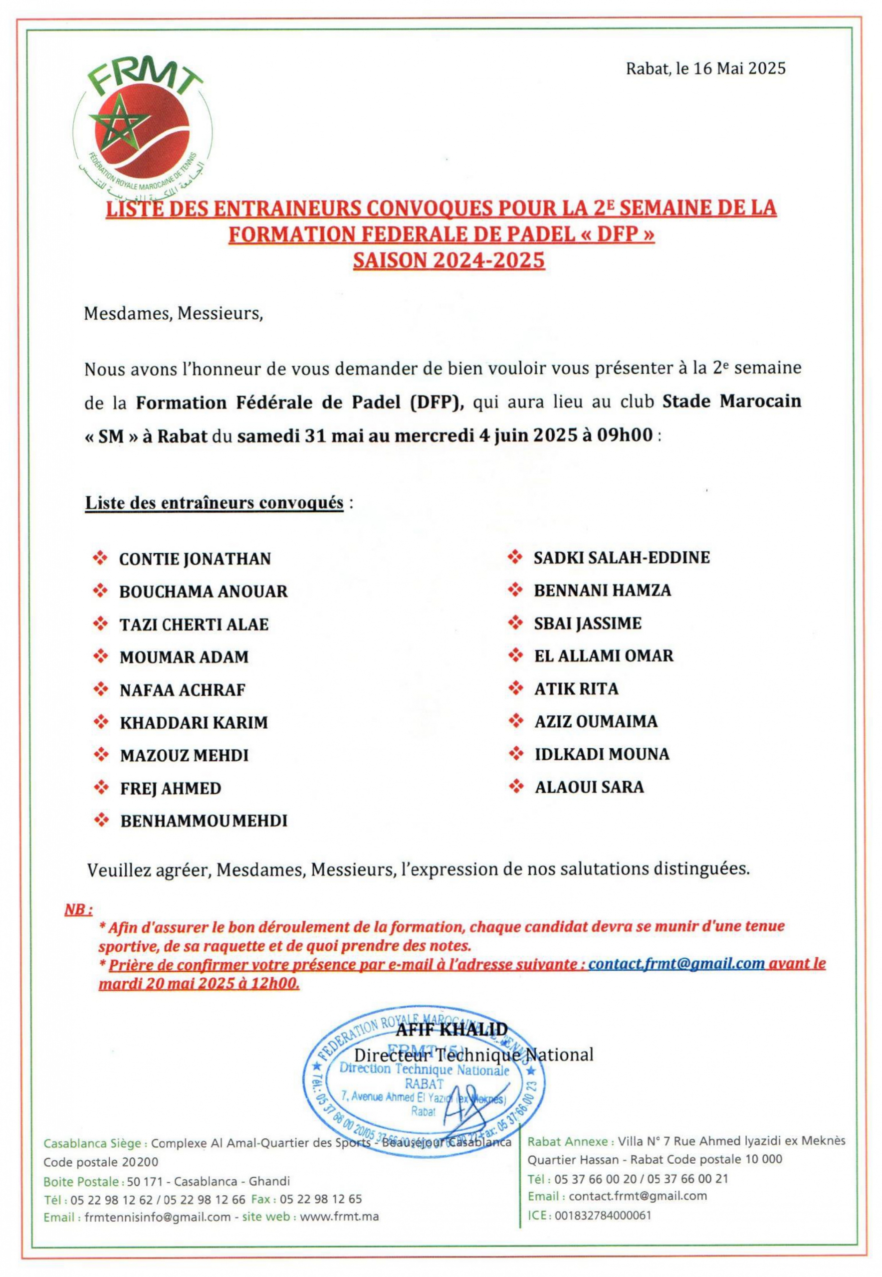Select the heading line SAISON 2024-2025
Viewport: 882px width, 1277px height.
tap(449, 260)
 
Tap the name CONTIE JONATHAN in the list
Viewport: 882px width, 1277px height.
tap(195, 559)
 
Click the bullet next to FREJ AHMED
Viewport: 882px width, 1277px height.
tap(101, 788)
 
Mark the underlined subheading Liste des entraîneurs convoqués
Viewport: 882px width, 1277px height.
tap(214, 503)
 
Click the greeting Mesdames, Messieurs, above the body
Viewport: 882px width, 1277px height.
tap(173, 314)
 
